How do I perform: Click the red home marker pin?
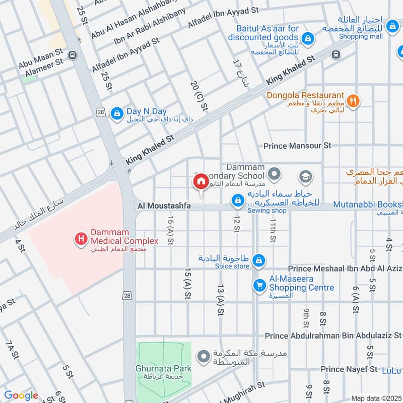200,181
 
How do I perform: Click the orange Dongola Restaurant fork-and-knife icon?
354,100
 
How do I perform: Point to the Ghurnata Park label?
163,368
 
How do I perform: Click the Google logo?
21,395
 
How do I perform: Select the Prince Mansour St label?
297,146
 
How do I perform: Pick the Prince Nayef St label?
349,369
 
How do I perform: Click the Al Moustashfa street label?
164,206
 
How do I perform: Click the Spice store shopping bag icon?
258,260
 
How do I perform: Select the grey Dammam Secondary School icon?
274,175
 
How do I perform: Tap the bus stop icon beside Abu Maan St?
73,55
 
